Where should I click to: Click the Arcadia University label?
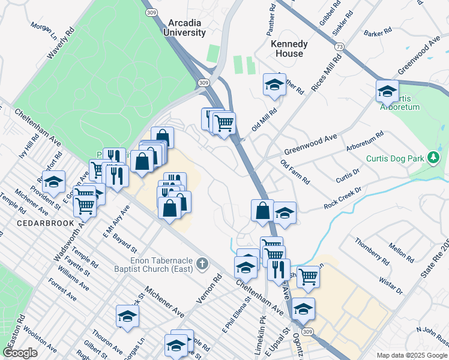coord(185,28)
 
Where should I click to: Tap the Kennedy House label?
coord(289,49)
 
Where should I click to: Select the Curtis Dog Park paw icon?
coord(432,158)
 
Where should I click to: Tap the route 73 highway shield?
coord(340,46)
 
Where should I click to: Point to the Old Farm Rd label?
coord(295,172)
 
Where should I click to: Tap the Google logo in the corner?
coord(20,353)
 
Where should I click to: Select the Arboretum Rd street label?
coord(364,143)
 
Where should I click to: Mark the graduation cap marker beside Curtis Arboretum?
coord(387,91)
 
